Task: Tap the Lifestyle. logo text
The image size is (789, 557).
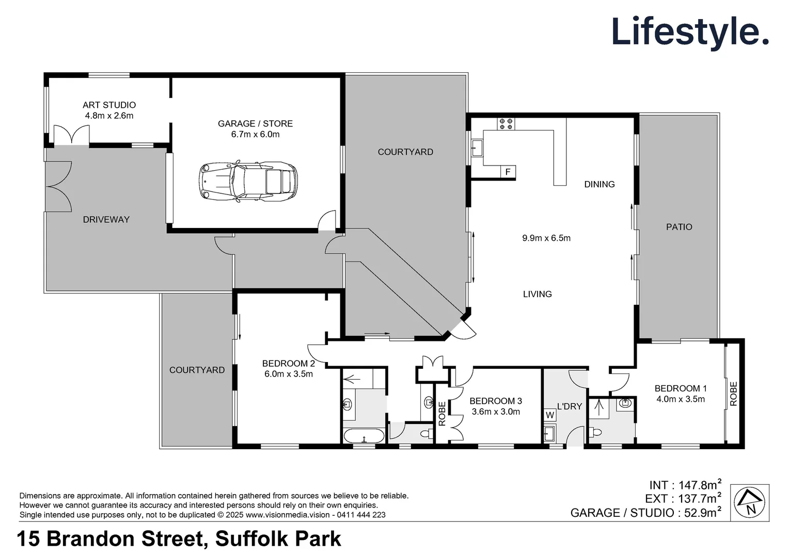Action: (x=690, y=31)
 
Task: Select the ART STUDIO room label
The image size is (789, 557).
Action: (x=109, y=105)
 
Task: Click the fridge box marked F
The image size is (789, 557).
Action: (x=508, y=172)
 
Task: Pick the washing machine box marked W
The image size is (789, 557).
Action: (x=550, y=415)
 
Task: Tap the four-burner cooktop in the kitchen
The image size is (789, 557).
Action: (x=506, y=124)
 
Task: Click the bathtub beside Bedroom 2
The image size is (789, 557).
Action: (x=364, y=436)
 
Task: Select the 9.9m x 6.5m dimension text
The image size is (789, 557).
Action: (x=546, y=238)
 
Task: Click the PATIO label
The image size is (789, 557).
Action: (x=678, y=227)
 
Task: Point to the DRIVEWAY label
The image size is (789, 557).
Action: (x=106, y=220)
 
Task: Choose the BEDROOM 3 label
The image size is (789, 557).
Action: (x=495, y=401)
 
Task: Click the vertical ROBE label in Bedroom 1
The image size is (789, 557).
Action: (x=733, y=394)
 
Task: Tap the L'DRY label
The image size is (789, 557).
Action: (x=569, y=406)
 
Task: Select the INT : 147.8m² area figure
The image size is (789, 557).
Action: (x=685, y=485)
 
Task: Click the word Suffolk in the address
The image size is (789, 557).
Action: (x=251, y=539)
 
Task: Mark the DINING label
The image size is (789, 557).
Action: (x=599, y=184)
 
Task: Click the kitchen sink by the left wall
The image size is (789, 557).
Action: (x=477, y=149)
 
